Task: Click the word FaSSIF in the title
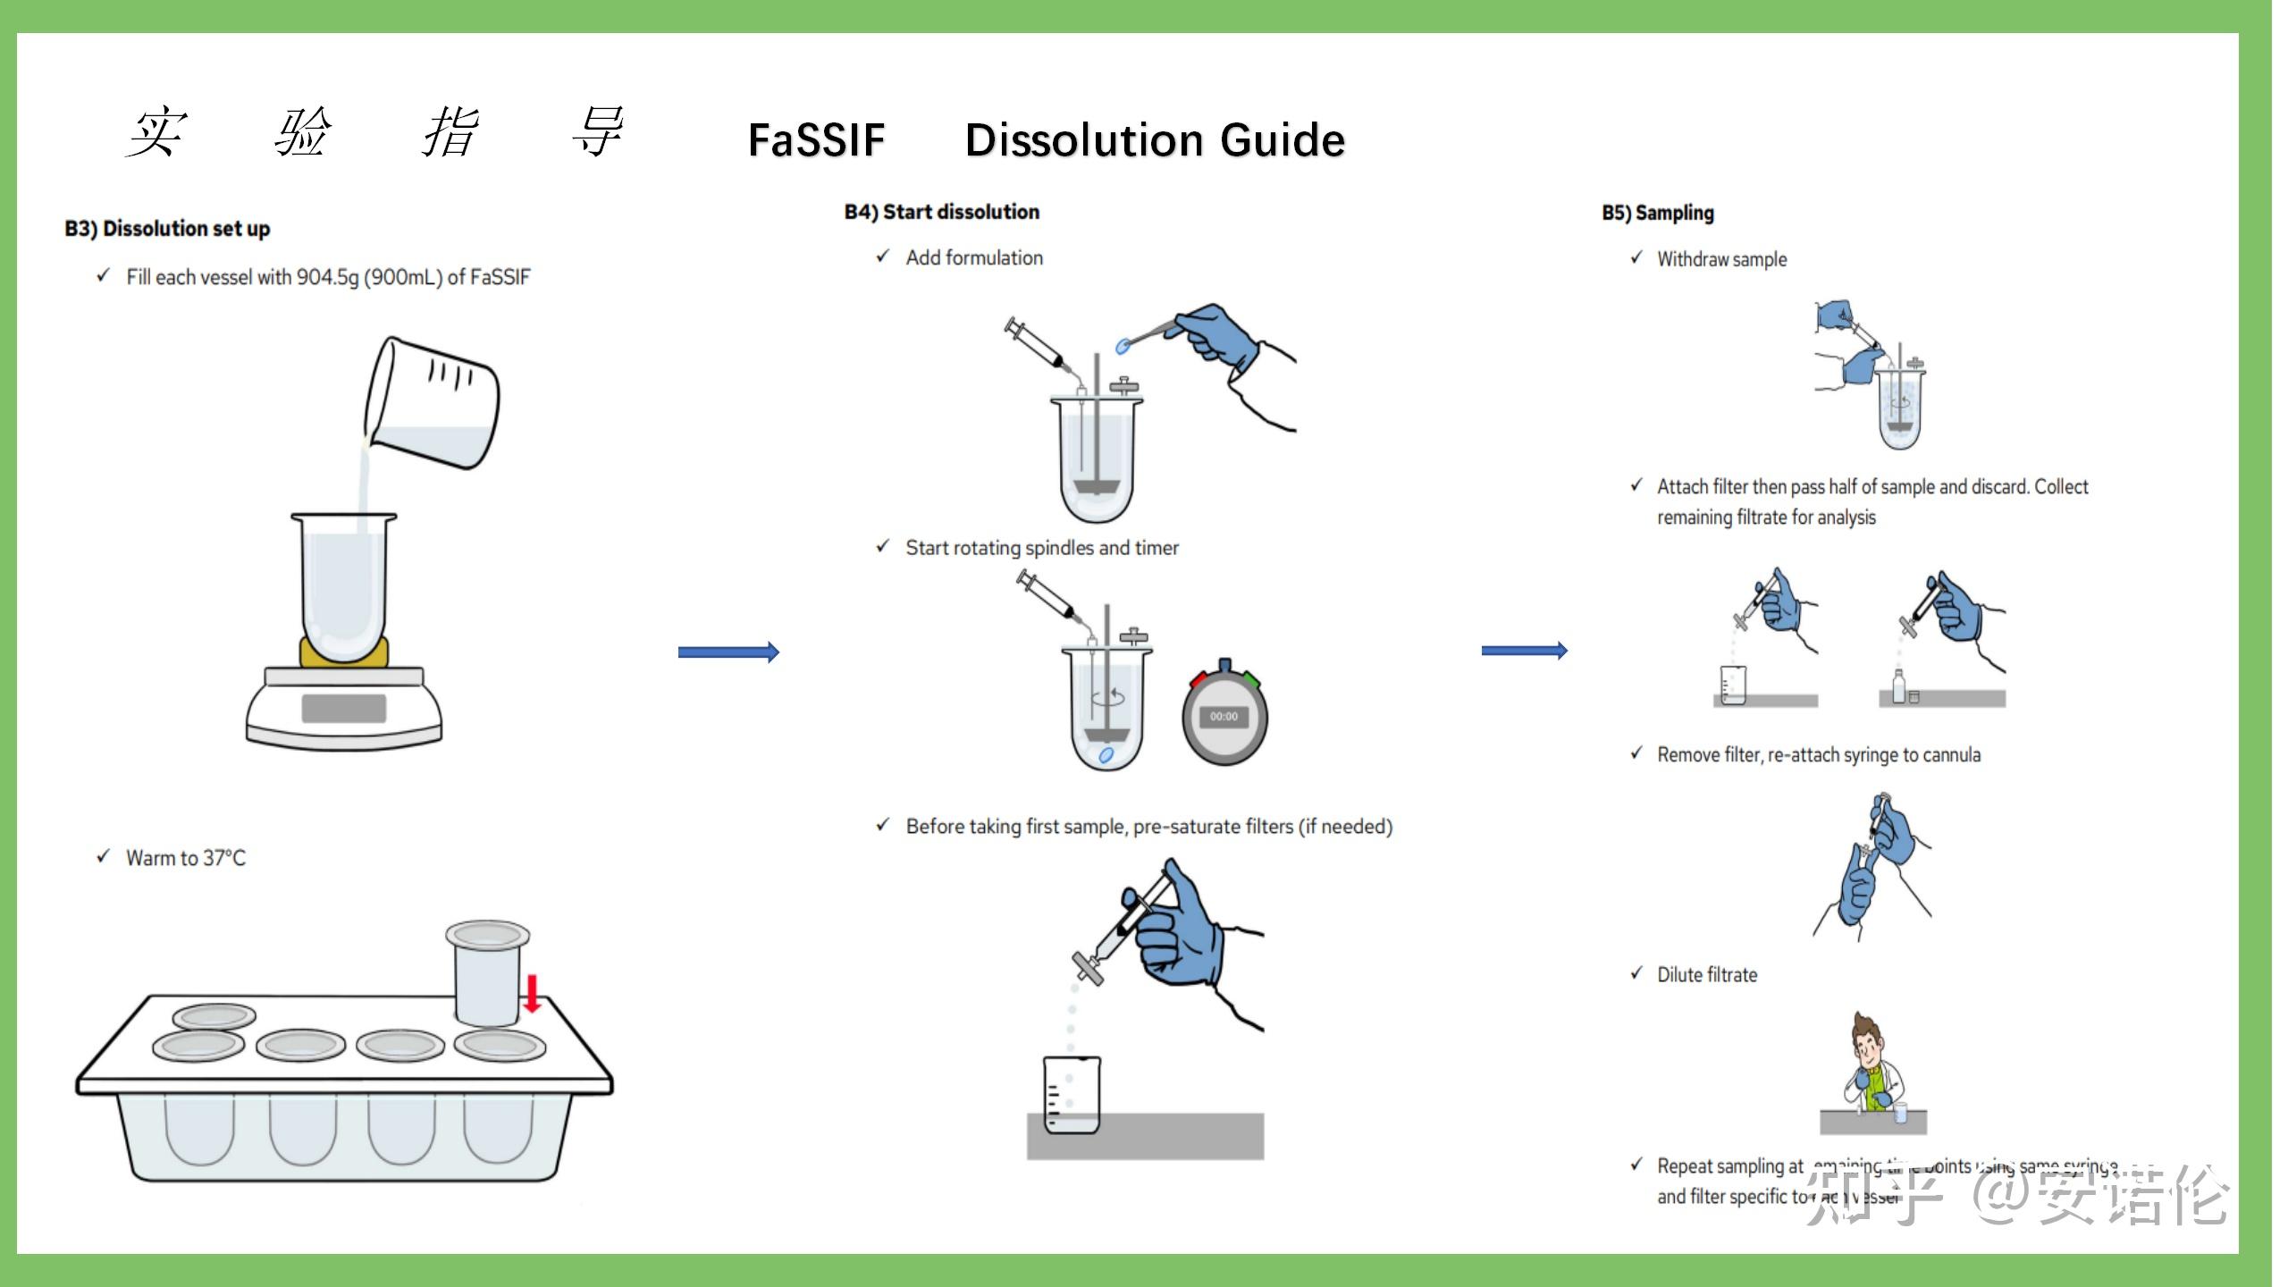click(816, 140)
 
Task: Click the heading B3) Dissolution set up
click(167, 229)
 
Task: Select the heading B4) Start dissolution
click(942, 212)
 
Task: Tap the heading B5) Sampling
click(1658, 213)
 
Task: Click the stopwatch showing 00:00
click(1224, 715)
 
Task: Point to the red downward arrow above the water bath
click(532, 993)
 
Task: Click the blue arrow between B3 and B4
click(728, 652)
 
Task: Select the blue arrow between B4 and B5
click(1524, 651)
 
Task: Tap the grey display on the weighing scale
click(343, 708)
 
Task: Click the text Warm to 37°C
click(186, 858)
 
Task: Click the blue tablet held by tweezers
click(1123, 346)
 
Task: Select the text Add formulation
click(974, 258)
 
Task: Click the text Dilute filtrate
click(1707, 975)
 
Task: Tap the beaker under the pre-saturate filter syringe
click(1072, 1095)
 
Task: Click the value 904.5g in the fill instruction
click(327, 277)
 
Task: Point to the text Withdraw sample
click(1722, 259)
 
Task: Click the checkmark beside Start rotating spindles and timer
click(883, 546)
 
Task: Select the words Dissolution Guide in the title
click(1155, 140)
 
